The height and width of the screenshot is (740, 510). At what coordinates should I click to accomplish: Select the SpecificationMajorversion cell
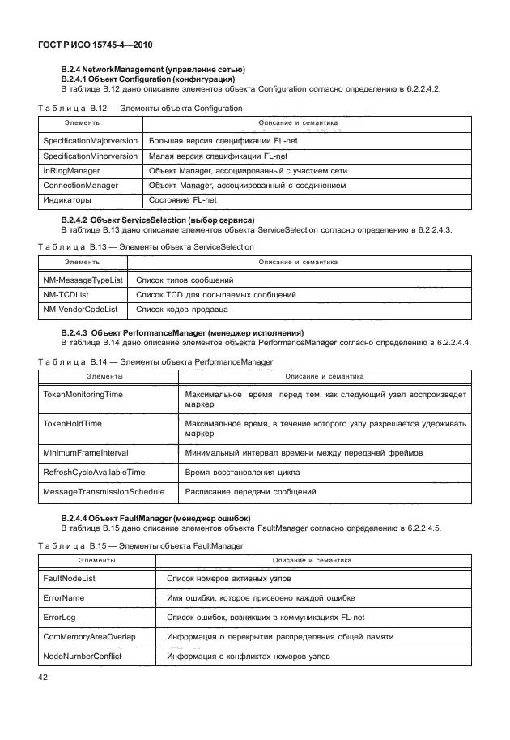[x=90, y=141]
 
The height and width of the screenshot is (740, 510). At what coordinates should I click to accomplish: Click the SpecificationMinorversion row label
[x=90, y=156]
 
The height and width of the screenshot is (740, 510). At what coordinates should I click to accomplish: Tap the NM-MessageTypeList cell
[x=83, y=280]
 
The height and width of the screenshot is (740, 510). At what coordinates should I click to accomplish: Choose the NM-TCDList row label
[x=66, y=294]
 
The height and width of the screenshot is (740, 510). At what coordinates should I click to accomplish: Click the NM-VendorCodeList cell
[x=80, y=309]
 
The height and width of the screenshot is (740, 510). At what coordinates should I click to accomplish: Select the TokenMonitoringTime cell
[x=83, y=394]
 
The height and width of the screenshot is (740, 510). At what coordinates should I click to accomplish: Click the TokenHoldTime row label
[x=72, y=423]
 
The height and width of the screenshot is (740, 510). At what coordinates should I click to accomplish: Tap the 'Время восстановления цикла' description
[x=242, y=472]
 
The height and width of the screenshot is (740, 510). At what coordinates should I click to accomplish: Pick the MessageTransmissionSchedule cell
[x=104, y=491]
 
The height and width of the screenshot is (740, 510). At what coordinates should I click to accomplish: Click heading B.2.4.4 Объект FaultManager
[x=155, y=518]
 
